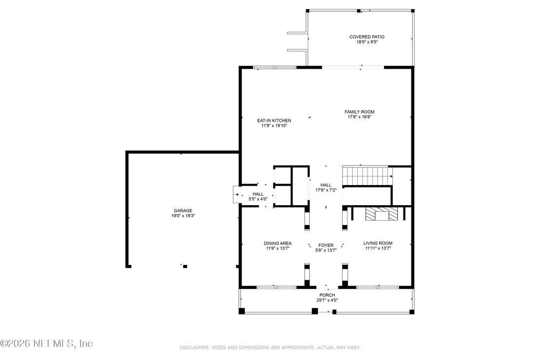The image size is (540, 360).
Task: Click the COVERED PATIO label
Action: coord(367,37)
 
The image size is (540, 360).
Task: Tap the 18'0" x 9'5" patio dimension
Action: coord(367,42)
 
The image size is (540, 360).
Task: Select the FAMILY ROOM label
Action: coord(360,112)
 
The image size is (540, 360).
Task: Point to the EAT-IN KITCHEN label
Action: coord(274,120)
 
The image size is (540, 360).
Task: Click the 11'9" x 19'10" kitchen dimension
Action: coord(274,126)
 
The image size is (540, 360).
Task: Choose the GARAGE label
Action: coord(183,210)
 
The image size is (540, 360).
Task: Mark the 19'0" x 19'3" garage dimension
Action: coord(183,216)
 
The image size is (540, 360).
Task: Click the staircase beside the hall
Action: coord(367,176)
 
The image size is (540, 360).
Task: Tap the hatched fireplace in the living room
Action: coord(382,214)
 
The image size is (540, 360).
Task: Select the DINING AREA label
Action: coord(278,243)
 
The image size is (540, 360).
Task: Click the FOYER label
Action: coord(326,246)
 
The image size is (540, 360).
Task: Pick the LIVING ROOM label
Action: coord(378,243)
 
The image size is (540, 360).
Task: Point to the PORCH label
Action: coord(327,295)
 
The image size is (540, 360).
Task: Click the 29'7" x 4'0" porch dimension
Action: coord(327,300)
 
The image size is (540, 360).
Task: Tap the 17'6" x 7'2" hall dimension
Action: coord(326,190)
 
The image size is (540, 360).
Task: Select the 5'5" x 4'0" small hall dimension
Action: coord(258,199)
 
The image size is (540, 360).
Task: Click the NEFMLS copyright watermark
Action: coord(46,343)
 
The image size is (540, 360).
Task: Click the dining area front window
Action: coord(276,287)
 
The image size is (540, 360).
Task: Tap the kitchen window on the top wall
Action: coord(275,67)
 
